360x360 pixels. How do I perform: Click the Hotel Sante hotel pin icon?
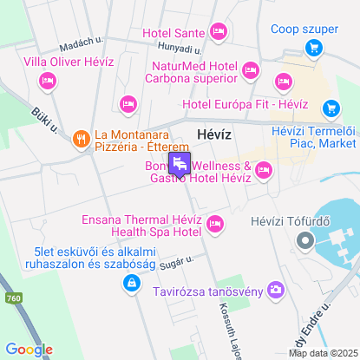pyautogui.click(x=218, y=34)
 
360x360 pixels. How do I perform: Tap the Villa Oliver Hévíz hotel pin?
pyautogui.click(x=47, y=81)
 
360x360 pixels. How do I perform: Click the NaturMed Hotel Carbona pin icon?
pyautogui.click(x=252, y=69)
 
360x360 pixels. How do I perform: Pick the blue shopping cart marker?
pyautogui.click(x=331, y=108)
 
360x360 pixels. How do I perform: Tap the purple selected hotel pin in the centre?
pyautogui.click(x=180, y=163)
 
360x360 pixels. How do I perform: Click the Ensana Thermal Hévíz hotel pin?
pyautogui.click(x=215, y=225)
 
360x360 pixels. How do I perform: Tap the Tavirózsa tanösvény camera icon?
pyautogui.click(x=276, y=290)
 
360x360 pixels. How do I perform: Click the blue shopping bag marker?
pyautogui.click(x=129, y=282)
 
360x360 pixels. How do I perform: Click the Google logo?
pyautogui.click(x=29, y=350)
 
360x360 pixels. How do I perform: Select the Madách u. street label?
pyautogui.click(x=82, y=48)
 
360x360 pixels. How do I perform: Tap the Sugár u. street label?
pyautogui.click(x=174, y=260)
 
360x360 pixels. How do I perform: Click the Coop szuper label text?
pyautogui.click(x=304, y=29)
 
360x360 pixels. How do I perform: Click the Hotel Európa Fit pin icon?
pyautogui.click(x=282, y=82)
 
